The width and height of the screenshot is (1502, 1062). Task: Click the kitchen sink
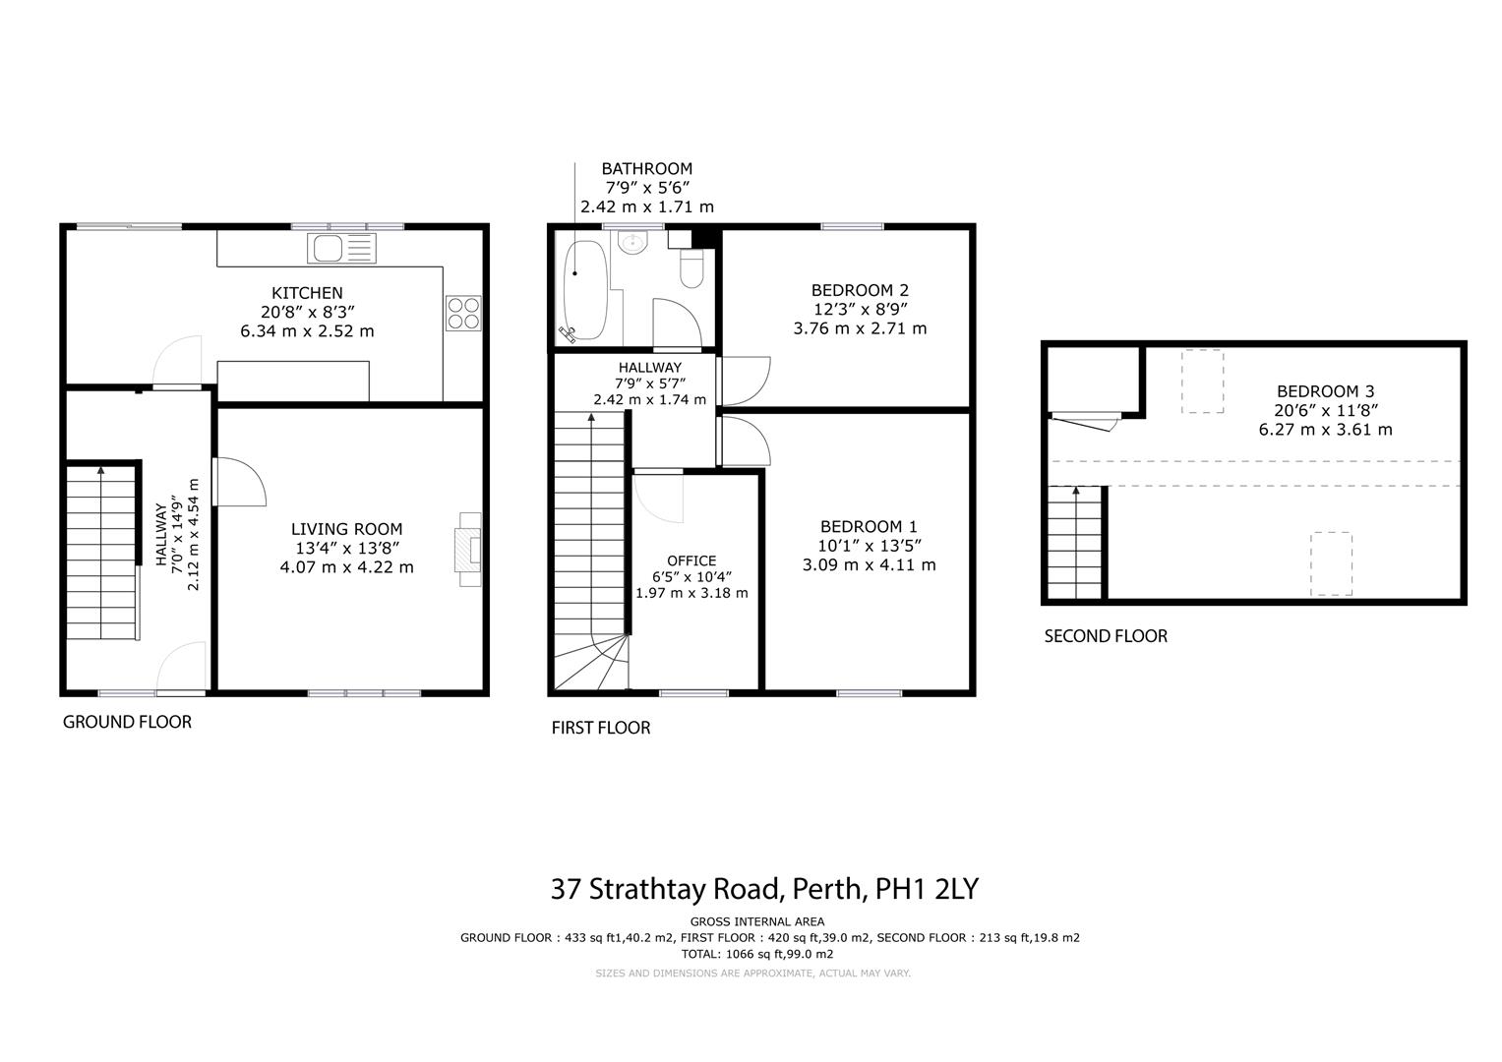click(341, 248)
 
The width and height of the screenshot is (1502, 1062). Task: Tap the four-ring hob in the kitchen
click(463, 313)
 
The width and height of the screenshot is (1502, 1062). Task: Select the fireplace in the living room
click(469, 550)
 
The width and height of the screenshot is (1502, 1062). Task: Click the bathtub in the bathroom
click(584, 290)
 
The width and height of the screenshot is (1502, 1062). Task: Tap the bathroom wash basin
click(631, 242)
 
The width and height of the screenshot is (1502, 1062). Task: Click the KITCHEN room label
click(307, 293)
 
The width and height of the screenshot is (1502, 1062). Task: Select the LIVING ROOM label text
click(346, 529)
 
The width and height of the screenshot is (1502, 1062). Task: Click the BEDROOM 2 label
click(861, 290)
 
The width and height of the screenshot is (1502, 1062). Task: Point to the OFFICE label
click(691, 560)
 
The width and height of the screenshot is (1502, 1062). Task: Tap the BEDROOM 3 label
click(1326, 391)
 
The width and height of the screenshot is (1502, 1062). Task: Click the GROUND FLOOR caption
click(128, 722)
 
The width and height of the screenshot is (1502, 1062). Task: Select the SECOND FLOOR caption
click(1106, 636)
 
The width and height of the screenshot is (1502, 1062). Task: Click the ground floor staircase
click(101, 551)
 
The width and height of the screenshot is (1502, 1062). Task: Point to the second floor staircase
click(1075, 543)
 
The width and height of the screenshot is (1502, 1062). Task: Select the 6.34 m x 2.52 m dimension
click(307, 331)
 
